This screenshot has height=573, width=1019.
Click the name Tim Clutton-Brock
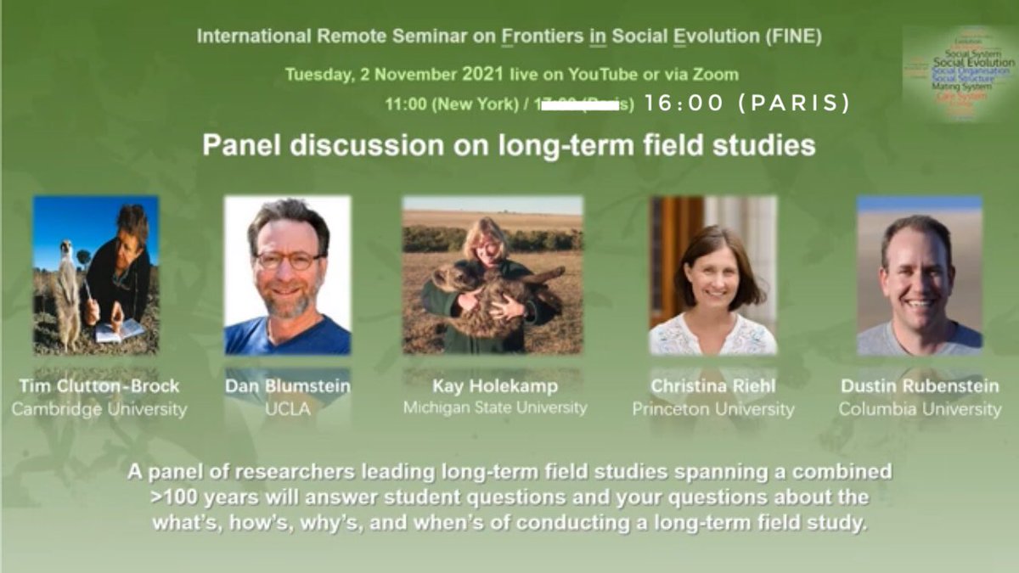[99, 386]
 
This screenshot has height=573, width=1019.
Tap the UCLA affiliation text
[287, 409]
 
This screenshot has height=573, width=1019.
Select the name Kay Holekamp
[495, 386]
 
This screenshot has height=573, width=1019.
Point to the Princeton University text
[713, 409]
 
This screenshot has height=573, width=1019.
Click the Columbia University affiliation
[920, 409]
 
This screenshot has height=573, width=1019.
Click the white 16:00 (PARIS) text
[747, 104]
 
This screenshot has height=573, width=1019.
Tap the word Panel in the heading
[239, 145]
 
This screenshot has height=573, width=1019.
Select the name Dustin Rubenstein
[920, 386]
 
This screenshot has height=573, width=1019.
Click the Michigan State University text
[495, 407]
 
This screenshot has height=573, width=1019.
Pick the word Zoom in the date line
[717, 74]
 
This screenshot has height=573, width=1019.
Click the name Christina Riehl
[713, 386]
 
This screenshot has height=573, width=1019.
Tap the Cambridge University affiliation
[99, 409]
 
